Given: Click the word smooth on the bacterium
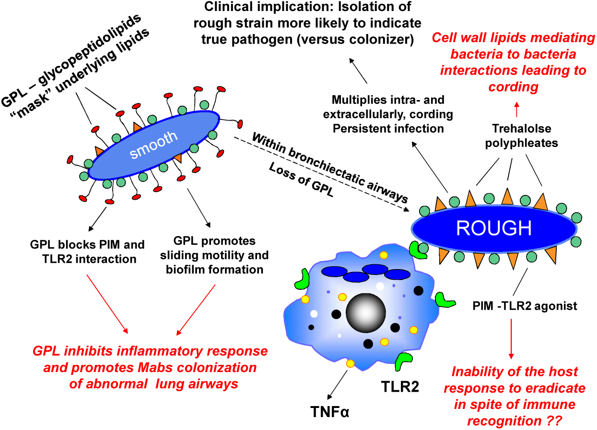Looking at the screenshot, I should [x=154, y=145].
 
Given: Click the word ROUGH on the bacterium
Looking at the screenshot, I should [x=494, y=228].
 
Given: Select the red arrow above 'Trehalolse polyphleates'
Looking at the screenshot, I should [x=516, y=109].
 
